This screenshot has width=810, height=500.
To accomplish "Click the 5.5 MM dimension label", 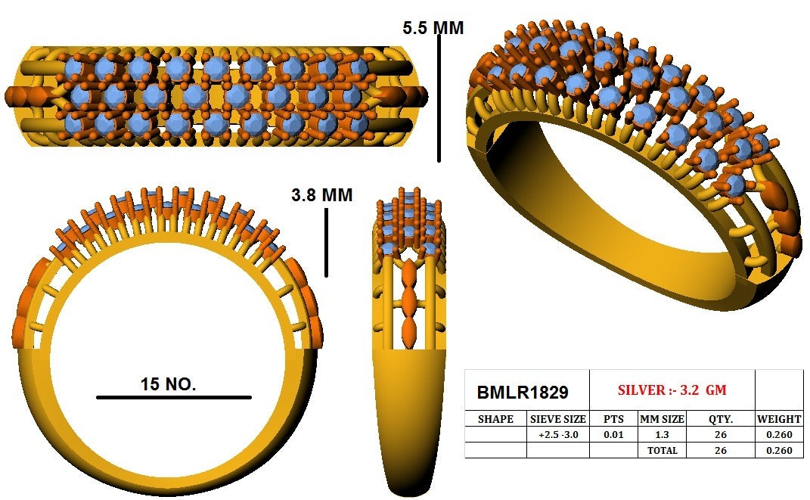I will (433, 28).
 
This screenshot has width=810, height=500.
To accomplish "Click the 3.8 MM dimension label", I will (321, 195).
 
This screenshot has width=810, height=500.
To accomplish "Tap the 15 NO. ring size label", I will (168, 384).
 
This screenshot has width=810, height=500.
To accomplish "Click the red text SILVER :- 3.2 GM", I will (672, 390).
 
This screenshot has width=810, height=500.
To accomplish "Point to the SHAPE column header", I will (495, 419).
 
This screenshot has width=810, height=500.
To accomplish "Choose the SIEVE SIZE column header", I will (558, 419).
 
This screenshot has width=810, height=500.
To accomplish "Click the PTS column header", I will (613, 419).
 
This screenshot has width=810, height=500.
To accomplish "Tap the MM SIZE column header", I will (662, 419).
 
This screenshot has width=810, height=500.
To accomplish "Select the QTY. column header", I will (720, 419).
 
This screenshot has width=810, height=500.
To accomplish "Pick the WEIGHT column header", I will (779, 419).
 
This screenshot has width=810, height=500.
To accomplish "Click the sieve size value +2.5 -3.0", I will (558, 435).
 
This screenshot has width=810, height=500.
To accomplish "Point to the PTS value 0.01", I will (613, 435).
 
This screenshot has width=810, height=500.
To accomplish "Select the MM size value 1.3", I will (662, 435).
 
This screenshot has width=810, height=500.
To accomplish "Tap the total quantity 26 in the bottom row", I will (720, 450).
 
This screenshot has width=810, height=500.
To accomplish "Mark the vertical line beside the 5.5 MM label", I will (439, 98).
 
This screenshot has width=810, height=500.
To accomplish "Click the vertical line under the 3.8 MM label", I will (326, 242).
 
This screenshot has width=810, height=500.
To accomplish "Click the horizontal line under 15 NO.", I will (174, 397).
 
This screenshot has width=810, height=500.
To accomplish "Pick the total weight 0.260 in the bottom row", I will (779, 450).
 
